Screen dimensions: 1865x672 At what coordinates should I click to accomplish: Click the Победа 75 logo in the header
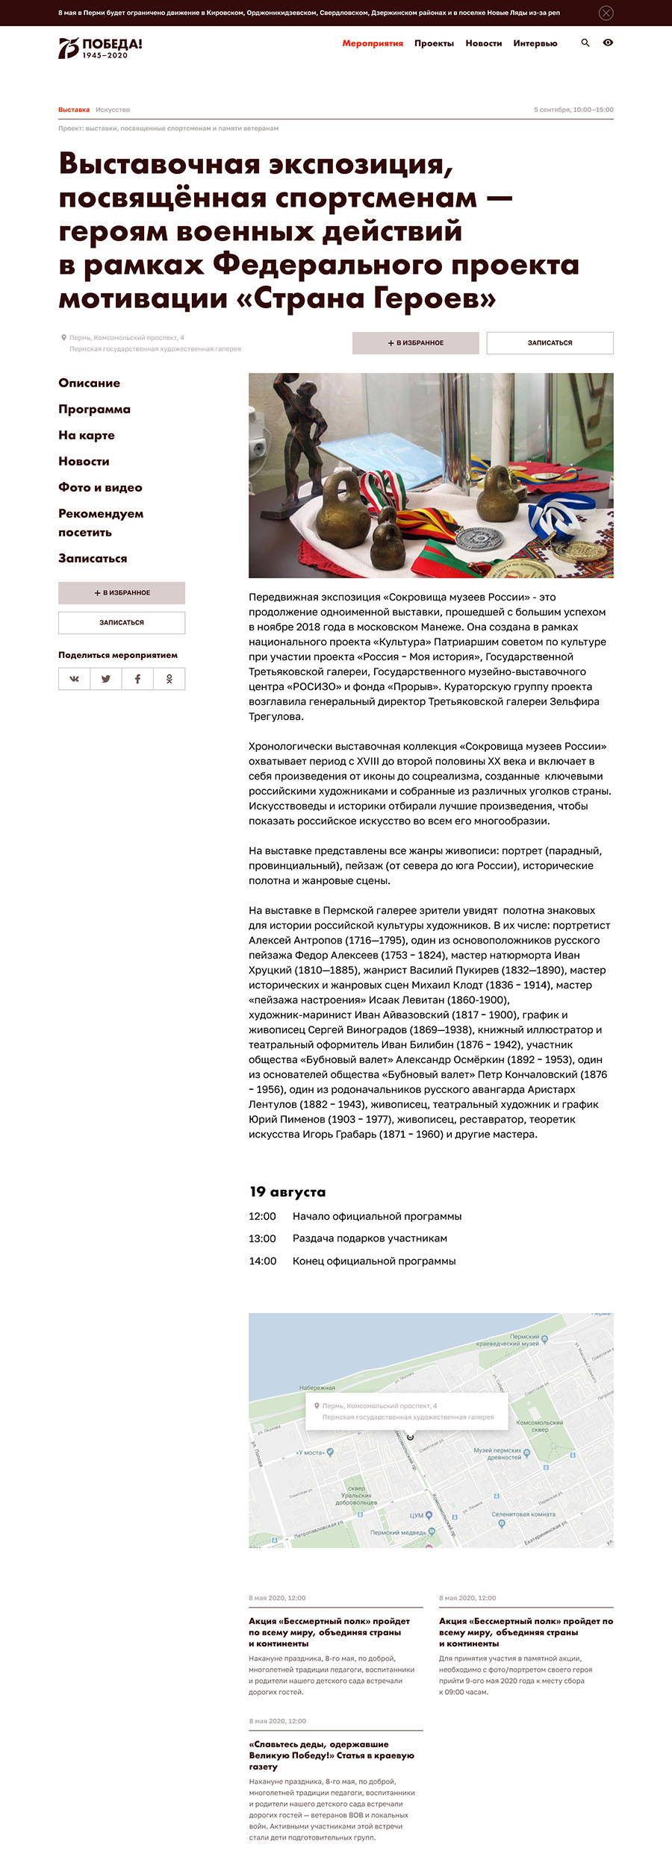100,48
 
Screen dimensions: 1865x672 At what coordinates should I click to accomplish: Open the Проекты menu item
434,43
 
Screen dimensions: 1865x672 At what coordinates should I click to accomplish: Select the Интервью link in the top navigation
535,43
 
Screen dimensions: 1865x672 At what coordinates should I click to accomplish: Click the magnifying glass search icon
585,43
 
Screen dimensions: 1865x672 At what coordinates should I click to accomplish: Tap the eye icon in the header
608,43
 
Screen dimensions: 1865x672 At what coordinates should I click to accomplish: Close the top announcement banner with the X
606,13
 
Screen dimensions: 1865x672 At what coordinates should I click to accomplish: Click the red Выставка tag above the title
74,110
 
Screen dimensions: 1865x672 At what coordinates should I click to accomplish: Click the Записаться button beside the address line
550,343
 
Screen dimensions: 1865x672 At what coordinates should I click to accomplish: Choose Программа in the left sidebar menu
94,409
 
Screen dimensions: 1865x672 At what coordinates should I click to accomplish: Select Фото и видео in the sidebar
100,487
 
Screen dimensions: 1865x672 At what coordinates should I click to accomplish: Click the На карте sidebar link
87,435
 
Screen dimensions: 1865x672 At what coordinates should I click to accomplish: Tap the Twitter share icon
106,679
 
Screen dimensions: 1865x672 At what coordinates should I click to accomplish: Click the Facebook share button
137,679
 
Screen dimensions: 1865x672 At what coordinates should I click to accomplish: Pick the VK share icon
75,679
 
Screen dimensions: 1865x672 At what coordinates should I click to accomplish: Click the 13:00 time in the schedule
262,1238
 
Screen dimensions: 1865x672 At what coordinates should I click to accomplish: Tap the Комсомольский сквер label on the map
539,1426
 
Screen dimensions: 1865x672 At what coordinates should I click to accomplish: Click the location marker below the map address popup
410,1437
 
